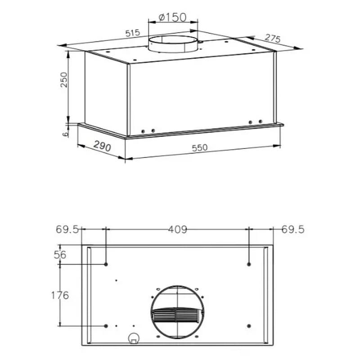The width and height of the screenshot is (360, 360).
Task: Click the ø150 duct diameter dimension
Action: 172,17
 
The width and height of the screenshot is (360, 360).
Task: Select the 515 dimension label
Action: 133,33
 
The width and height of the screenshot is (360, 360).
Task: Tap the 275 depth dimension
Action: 273,38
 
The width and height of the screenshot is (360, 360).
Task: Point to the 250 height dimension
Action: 63,80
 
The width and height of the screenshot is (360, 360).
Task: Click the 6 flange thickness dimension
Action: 65,134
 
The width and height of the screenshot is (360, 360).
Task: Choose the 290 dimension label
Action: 102,146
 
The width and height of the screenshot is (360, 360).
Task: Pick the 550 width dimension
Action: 199,148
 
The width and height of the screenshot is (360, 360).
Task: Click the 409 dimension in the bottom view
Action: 178,229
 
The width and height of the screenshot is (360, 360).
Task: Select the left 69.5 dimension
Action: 67,229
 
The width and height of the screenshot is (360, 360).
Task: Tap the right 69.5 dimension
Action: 293,229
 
